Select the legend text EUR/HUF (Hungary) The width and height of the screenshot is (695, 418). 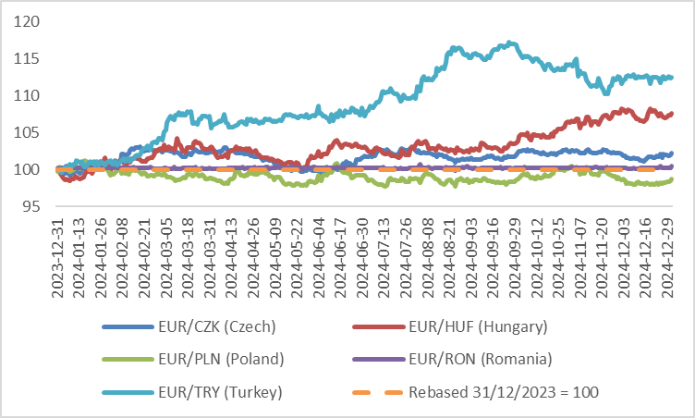(x=477, y=326)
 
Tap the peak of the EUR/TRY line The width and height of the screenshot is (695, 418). (x=511, y=43)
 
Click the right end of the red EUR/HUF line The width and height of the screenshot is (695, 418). (x=671, y=114)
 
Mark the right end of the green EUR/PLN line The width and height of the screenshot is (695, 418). (x=671, y=179)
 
